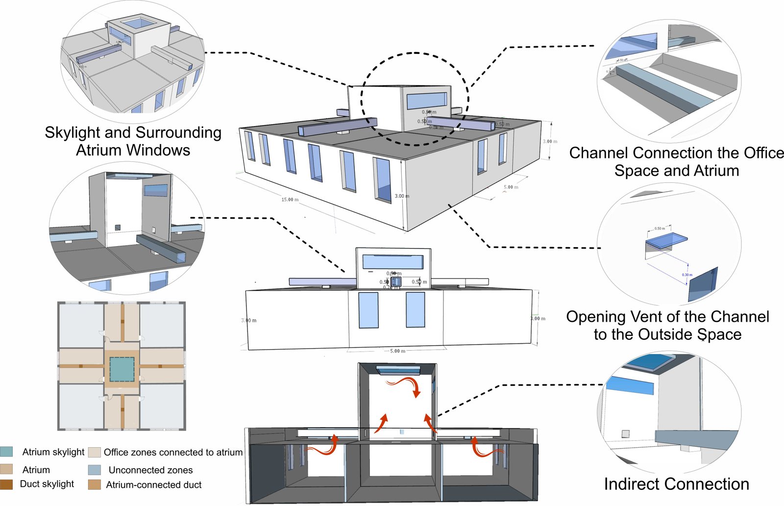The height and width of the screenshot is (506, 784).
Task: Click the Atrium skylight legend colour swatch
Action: (x=6, y=452)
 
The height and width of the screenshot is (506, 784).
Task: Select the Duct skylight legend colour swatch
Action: (x=6, y=484)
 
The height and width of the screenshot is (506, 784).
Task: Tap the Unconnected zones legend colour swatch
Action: (x=95, y=470)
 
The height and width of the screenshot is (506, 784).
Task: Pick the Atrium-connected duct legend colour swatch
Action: (x=95, y=484)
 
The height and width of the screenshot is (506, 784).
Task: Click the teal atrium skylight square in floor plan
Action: (x=122, y=369)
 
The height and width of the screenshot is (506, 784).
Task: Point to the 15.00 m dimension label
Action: (x=290, y=200)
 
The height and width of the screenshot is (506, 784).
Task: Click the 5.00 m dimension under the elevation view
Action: (x=397, y=351)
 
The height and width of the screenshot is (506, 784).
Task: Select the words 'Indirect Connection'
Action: (x=676, y=484)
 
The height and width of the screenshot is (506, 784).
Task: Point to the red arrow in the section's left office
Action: (x=323, y=446)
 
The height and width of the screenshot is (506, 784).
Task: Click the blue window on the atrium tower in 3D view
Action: (x=426, y=101)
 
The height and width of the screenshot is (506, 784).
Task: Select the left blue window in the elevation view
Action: (x=368, y=310)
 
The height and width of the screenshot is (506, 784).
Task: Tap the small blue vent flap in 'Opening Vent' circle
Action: (x=666, y=240)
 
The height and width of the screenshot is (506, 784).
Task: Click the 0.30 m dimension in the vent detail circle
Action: (x=687, y=275)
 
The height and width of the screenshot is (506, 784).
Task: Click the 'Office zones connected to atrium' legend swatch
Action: (x=95, y=452)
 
